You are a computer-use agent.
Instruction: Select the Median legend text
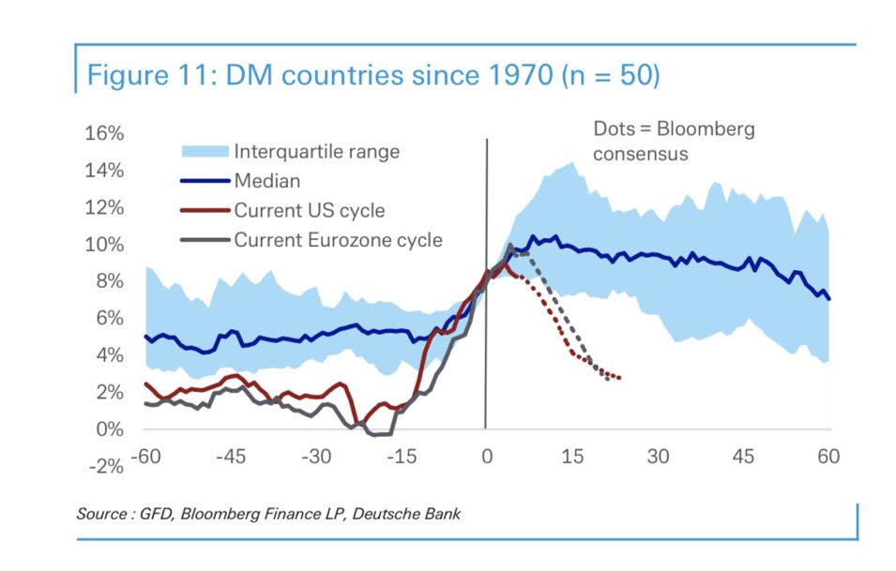266,181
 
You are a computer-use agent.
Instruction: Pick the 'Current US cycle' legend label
310,210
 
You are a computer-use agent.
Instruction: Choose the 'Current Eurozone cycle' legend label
338,240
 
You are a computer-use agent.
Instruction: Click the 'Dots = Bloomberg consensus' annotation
673,141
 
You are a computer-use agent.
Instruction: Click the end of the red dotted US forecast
620,378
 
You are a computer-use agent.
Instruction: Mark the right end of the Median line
829,298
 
